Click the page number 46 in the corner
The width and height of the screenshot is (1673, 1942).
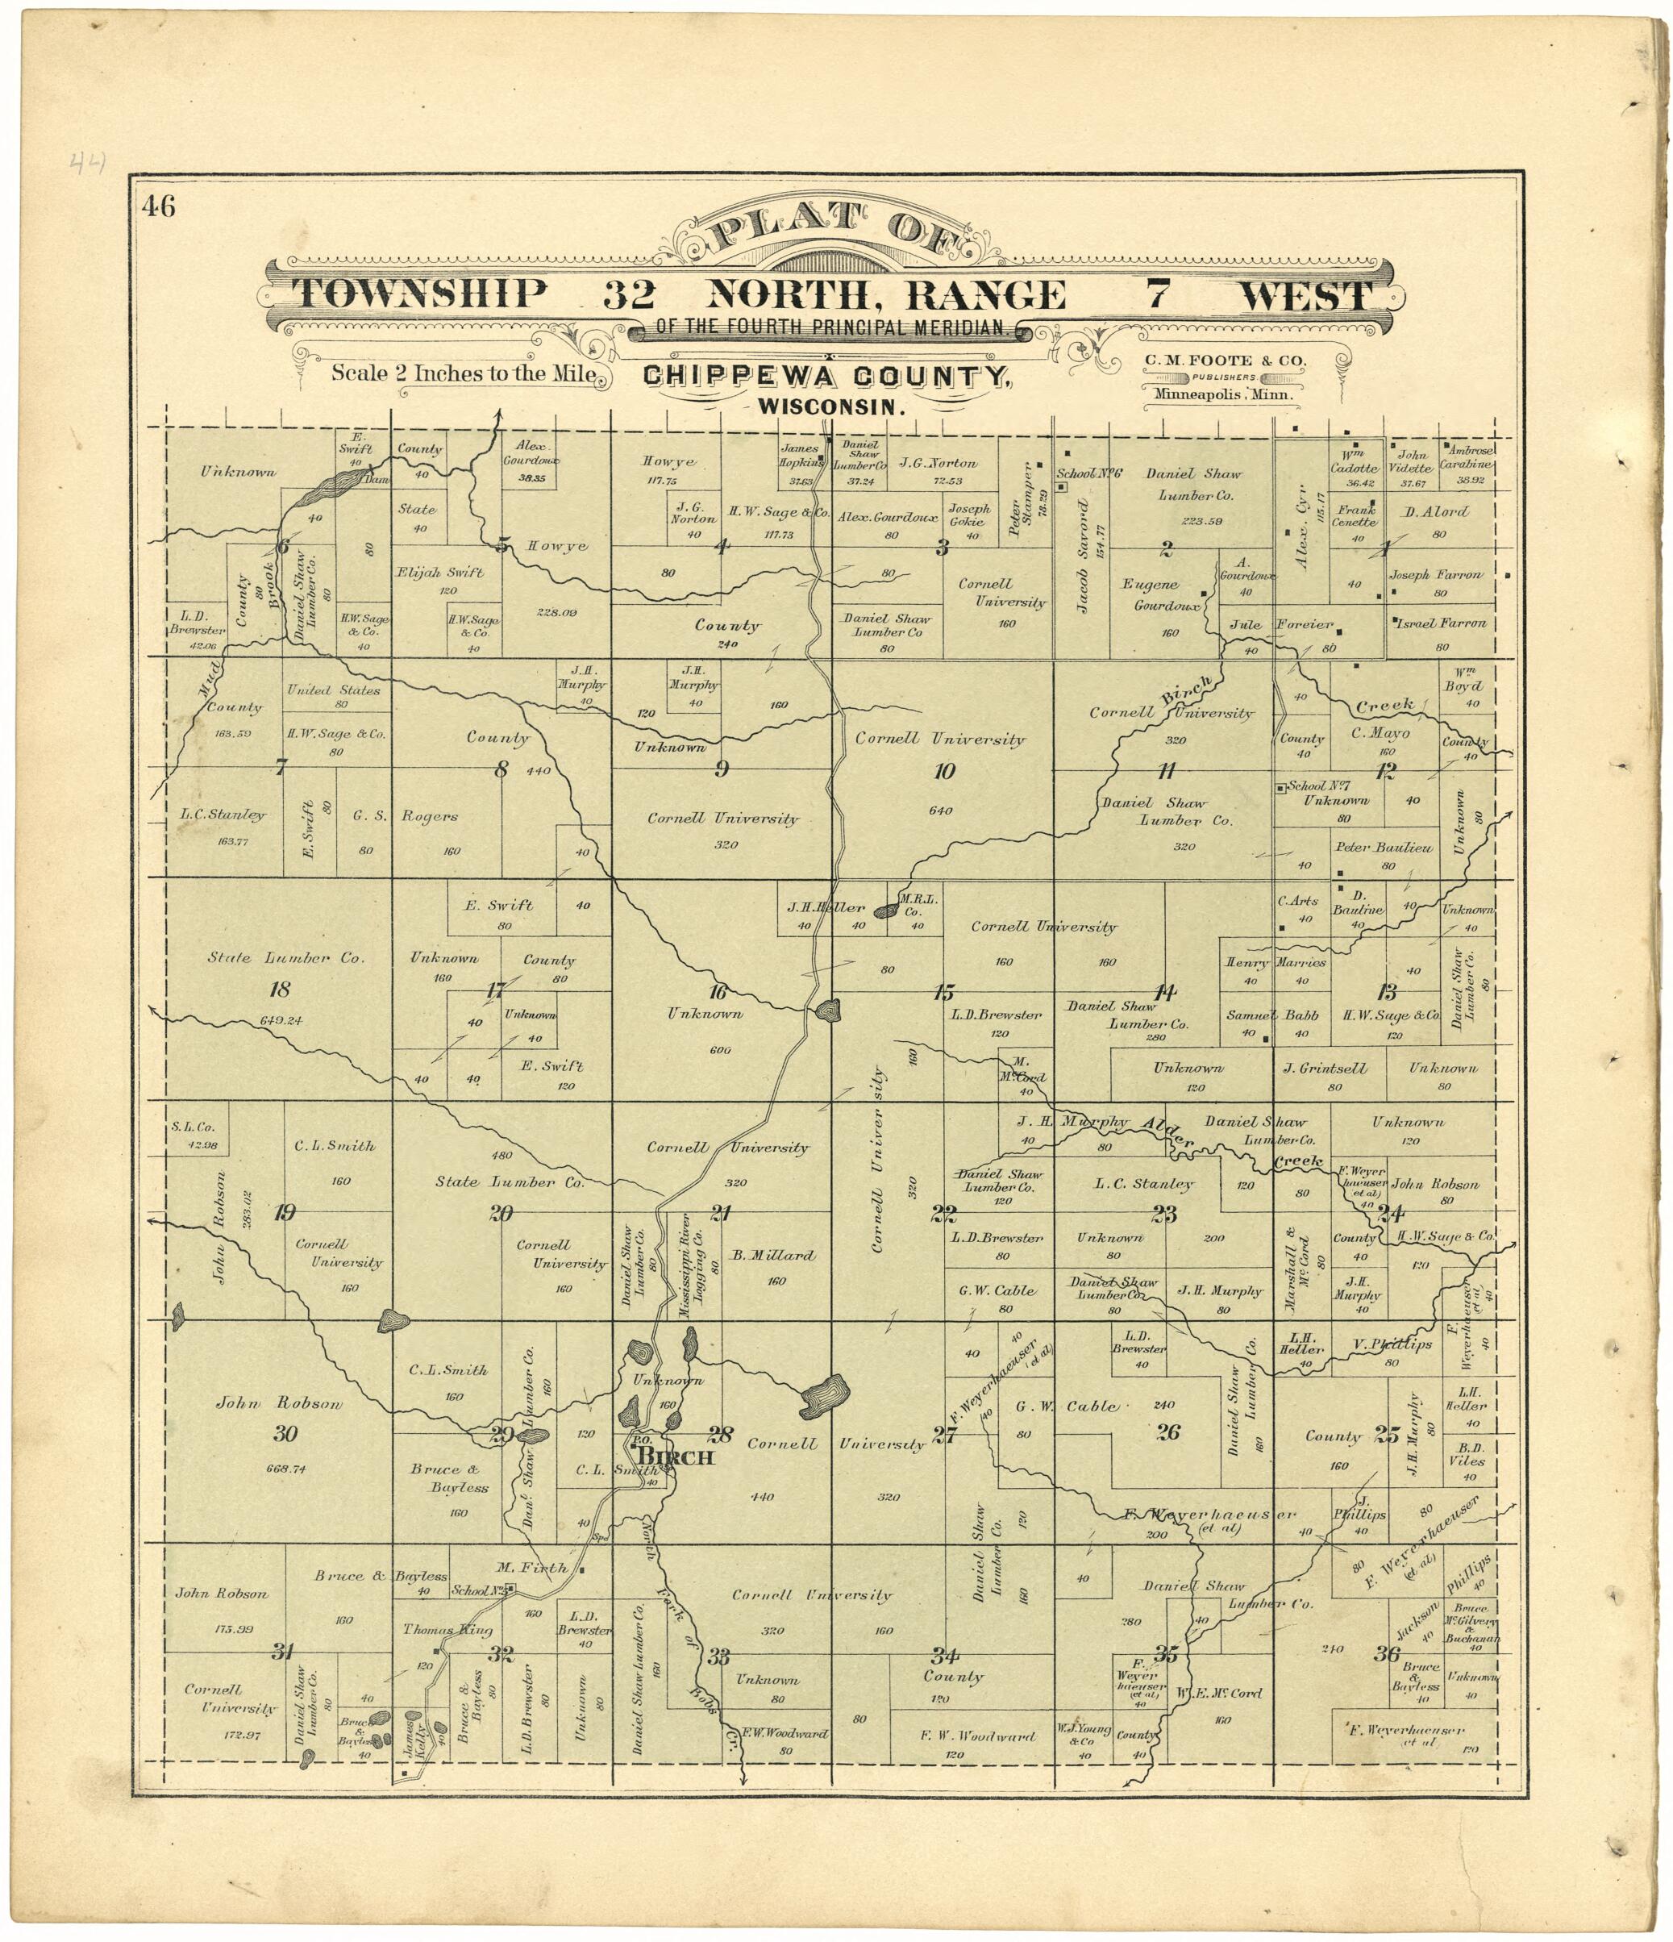[160, 206]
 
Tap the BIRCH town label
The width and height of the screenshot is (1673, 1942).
[675, 1457]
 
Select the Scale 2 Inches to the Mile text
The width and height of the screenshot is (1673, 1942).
[464, 373]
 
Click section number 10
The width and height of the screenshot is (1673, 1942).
[944, 771]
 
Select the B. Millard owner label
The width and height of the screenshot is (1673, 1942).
[773, 1255]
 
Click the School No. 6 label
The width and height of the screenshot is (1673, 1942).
[1089, 473]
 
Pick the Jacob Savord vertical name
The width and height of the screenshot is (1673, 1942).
[1084, 556]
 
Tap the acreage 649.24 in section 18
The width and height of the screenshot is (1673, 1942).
[279, 1019]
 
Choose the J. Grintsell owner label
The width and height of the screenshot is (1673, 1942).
[1325, 1069]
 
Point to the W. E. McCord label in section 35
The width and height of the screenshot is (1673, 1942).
[1221, 1694]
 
